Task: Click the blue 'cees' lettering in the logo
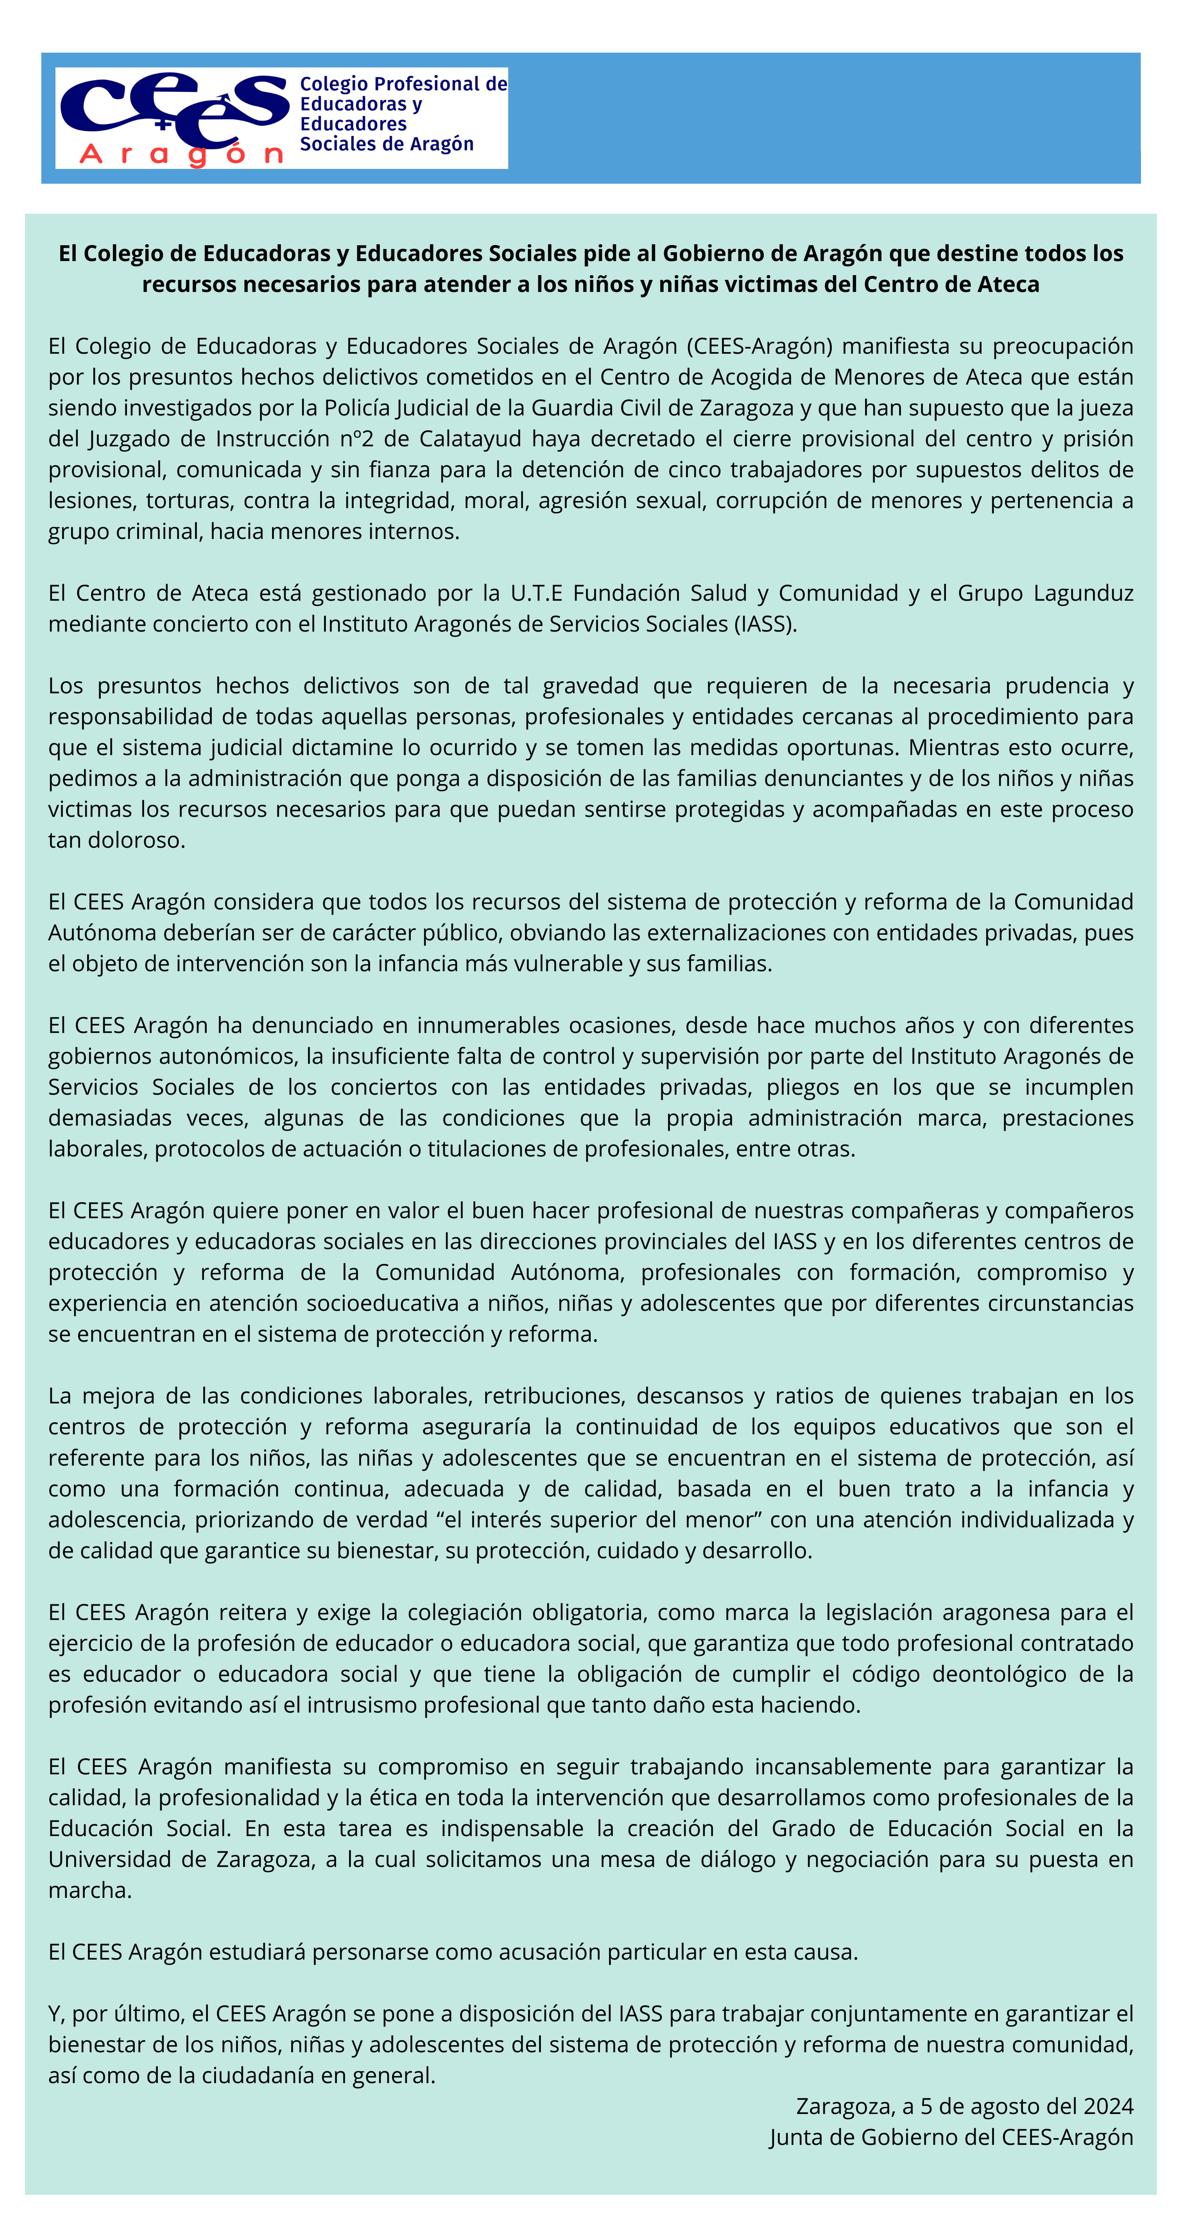172,107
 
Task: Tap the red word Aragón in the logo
181,155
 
